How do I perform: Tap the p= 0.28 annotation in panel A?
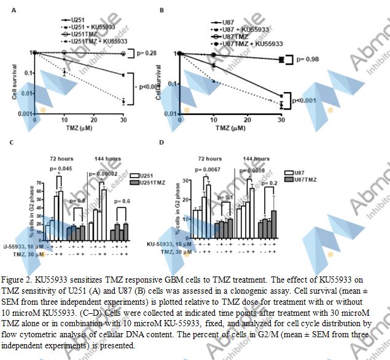coord(145,53)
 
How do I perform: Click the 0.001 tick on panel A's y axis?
coord(25,115)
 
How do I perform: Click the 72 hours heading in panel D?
coord(210,158)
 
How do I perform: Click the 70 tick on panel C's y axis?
coord(39,182)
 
